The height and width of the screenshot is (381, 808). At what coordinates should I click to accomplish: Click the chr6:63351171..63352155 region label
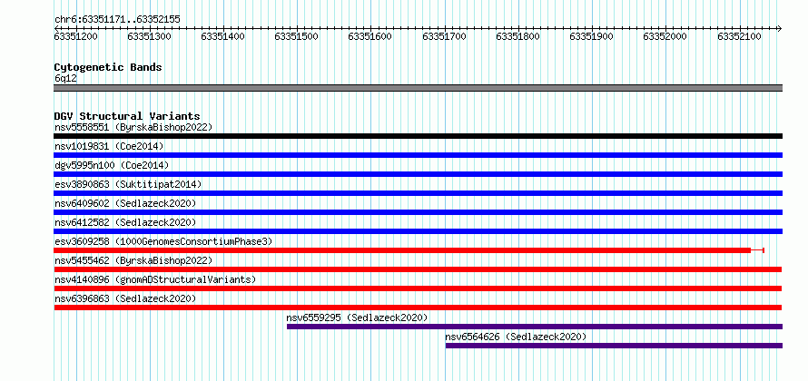point(117,20)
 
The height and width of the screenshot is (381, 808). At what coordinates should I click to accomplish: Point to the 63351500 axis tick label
point(296,36)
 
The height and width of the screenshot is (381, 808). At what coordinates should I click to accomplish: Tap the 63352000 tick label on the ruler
point(665,36)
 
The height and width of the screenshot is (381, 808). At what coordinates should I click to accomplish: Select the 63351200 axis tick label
point(75,36)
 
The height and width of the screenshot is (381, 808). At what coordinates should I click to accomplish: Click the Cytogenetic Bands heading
point(108,67)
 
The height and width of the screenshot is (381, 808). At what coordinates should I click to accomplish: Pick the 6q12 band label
point(65,79)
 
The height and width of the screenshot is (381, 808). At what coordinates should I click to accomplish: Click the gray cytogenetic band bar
point(419,88)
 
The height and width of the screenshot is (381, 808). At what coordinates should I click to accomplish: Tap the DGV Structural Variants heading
point(127,116)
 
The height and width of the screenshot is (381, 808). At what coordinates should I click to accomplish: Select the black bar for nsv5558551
point(419,136)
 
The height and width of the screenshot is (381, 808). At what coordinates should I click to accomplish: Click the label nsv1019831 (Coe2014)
point(109,146)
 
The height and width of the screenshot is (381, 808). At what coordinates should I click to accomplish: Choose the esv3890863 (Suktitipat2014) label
point(128,184)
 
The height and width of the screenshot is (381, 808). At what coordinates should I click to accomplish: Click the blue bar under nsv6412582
point(419,231)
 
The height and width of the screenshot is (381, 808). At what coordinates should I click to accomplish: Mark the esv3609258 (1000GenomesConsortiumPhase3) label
point(163,241)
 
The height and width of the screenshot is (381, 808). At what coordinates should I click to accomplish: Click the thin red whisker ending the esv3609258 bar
point(757,250)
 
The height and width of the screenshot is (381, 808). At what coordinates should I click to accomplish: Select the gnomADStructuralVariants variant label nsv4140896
point(155,279)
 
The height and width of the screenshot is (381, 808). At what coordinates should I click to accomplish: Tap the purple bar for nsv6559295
point(535,327)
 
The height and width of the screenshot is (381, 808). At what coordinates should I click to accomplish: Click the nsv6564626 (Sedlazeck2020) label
point(516,337)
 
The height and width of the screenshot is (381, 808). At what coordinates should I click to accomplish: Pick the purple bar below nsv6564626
point(615,346)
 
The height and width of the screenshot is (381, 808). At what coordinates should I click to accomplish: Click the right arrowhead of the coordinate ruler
point(780,28)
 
